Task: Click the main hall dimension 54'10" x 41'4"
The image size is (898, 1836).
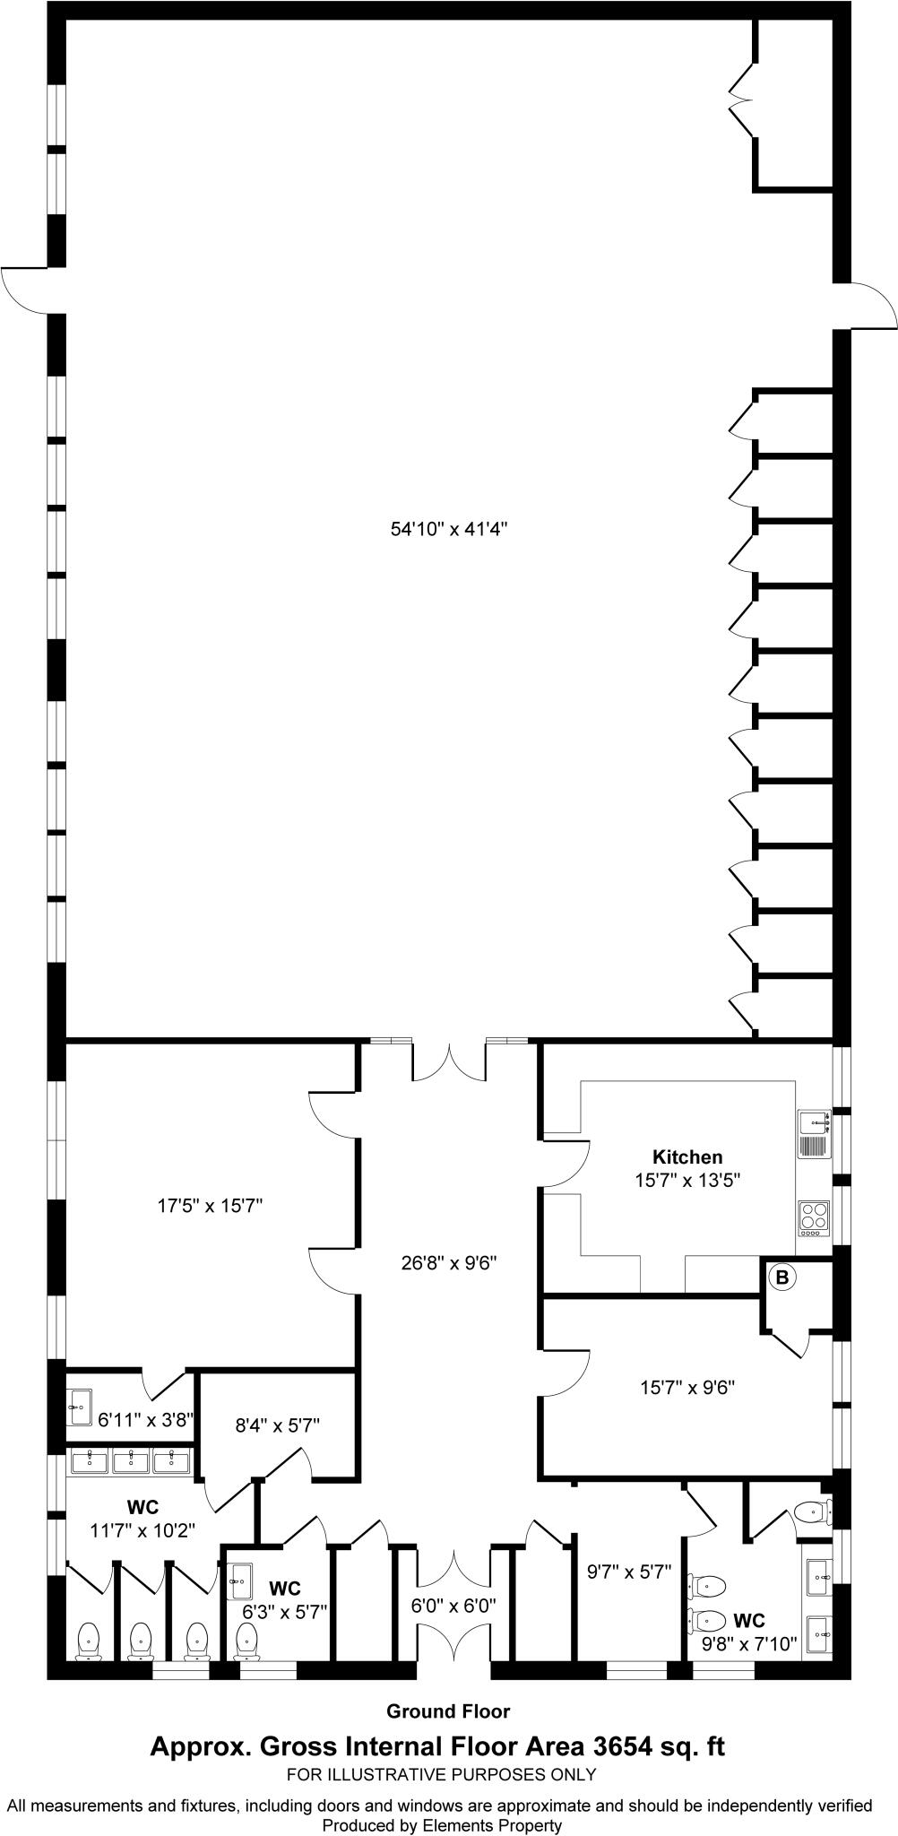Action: (449, 529)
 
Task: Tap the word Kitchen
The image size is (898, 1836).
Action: (687, 1157)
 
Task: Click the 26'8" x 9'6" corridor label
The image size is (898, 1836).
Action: (449, 1264)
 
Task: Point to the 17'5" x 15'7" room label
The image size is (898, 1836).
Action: (210, 1206)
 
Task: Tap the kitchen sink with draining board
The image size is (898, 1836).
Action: (814, 1134)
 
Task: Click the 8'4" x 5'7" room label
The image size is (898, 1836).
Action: (278, 1424)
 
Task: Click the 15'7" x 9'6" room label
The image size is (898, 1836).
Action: (687, 1388)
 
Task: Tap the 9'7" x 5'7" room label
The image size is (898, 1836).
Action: (629, 1571)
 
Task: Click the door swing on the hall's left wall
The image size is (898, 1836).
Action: (25, 290)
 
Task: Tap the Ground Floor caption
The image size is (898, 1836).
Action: (448, 1711)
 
